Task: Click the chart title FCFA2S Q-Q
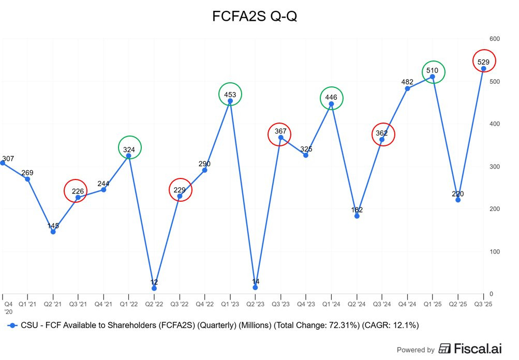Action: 255,17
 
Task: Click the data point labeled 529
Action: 484,68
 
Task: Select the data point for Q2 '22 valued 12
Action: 154,288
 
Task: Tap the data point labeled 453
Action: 230,101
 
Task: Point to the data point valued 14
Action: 255,288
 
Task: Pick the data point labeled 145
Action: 53,232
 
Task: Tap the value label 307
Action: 8,159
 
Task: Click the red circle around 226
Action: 77,191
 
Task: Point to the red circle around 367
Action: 280,134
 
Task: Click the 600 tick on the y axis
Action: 495,39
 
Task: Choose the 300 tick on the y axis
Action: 495,167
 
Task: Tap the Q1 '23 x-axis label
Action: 230,305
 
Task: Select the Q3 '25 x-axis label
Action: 483,305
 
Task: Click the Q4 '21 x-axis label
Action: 103,305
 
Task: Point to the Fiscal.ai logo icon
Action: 444,349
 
